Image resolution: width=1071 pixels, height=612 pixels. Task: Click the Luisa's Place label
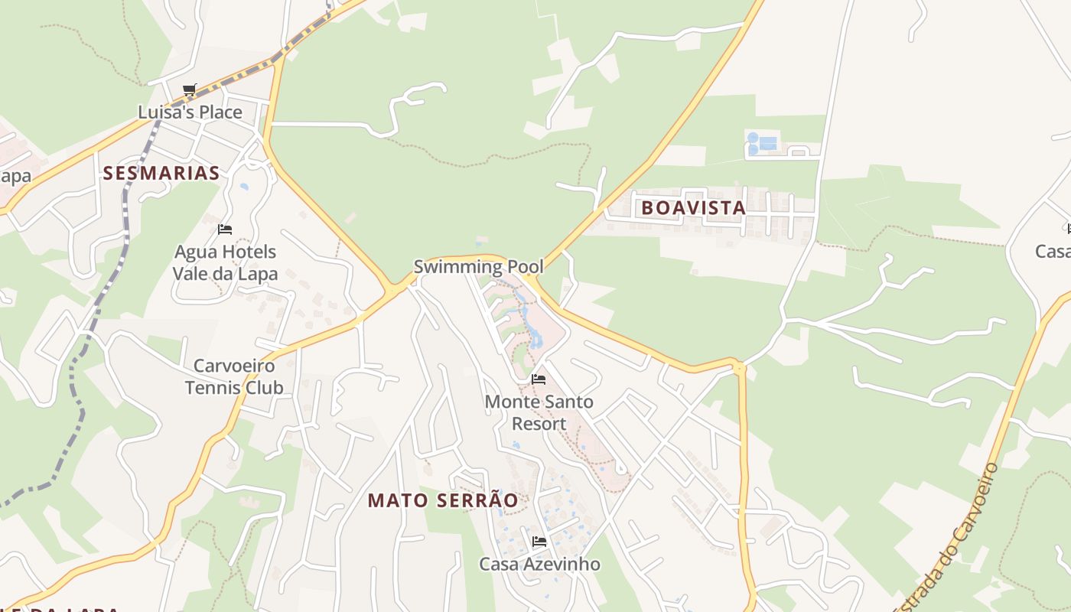coord(190,112)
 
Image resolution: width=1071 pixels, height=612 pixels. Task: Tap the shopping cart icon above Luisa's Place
coord(190,90)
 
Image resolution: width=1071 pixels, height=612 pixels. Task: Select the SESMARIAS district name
coord(161,173)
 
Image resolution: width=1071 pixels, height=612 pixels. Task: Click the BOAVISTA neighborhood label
coord(693,207)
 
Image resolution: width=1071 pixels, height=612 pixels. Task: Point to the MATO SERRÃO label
coord(443,500)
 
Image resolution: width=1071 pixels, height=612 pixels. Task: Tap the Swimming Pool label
coord(478,267)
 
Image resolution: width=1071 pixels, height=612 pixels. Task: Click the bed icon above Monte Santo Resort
coord(539,379)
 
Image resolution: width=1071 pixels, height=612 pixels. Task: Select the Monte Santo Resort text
coord(539,412)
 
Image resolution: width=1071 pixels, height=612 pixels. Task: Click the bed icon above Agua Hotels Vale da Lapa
coord(225,229)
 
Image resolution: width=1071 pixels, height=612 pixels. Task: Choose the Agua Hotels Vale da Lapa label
coord(225,262)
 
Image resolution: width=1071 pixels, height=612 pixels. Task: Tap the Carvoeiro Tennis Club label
coord(234,376)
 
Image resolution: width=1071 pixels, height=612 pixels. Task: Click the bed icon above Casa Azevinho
coord(539,542)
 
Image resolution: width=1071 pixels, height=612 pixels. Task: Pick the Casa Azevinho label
coord(539,565)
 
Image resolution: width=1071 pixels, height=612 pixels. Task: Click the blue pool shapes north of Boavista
coord(762,143)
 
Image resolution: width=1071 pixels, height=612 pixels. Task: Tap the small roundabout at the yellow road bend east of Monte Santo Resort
coord(739,369)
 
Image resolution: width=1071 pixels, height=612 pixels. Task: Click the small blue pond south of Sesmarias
coord(244,186)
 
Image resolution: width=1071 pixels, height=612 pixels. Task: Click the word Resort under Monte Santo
coord(539,424)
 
